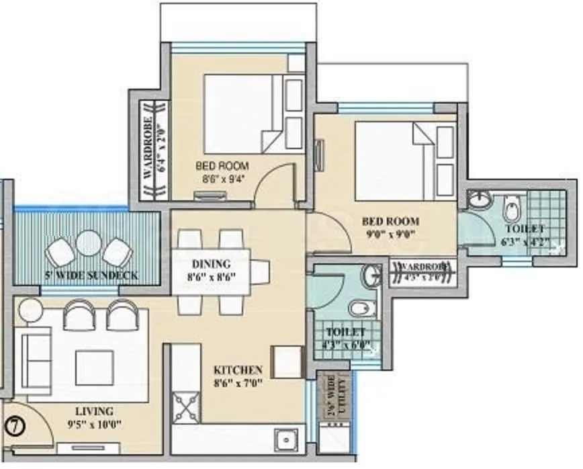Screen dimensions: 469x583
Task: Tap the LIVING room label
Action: (95, 411)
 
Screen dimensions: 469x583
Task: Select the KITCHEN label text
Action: (238, 370)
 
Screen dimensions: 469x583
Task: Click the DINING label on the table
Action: (212, 263)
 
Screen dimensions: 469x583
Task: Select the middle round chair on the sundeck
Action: (87, 243)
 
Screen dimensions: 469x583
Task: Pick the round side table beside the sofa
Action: (30, 310)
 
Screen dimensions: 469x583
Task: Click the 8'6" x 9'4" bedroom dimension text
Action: (222, 179)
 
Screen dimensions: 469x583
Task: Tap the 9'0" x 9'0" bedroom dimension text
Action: (390, 234)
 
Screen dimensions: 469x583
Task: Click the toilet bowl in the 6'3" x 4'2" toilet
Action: (511, 208)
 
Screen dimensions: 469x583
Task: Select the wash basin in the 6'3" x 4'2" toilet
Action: (479, 200)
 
